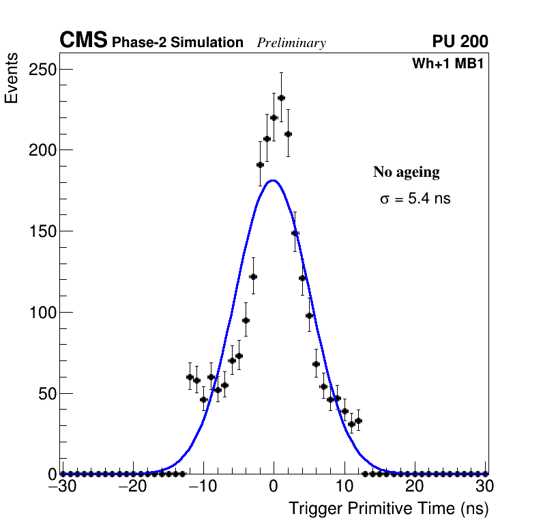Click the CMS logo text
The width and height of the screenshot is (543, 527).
pyautogui.click(x=83, y=41)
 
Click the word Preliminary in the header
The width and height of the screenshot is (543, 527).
pyautogui.click(x=291, y=44)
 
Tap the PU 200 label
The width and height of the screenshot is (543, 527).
pyautogui.click(x=460, y=42)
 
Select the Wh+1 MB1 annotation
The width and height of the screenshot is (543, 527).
pyautogui.click(x=447, y=64)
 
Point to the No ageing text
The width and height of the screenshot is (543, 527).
pyautogui.click(x=406, y=172)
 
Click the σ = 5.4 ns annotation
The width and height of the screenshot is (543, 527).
pyautogui.click(x=415, y=199)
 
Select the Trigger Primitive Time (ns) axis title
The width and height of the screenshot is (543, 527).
pyautogui.click(x=388, y=509)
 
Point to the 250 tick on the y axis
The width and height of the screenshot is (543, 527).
pyautogui.click(x=42, y=70)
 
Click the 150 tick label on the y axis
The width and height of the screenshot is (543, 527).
pyautogui.click(x=42, y=231)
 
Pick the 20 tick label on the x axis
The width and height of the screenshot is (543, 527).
pyautogui.click(x=415, y=486)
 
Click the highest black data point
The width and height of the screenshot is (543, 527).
pyautogui.click(x=280, y=98)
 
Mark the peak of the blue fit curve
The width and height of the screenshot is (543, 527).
pyautogui.click(x=273, y=181)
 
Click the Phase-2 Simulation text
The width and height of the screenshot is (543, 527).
pyautogui.click(x=177, y=43)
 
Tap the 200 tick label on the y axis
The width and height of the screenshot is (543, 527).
pyautogui.click(x=42, y=150)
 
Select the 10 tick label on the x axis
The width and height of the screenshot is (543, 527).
pyautogui.click(x=344, y=486)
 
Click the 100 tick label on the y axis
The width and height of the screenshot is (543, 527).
pyautogui.click(x=42, y=313)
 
